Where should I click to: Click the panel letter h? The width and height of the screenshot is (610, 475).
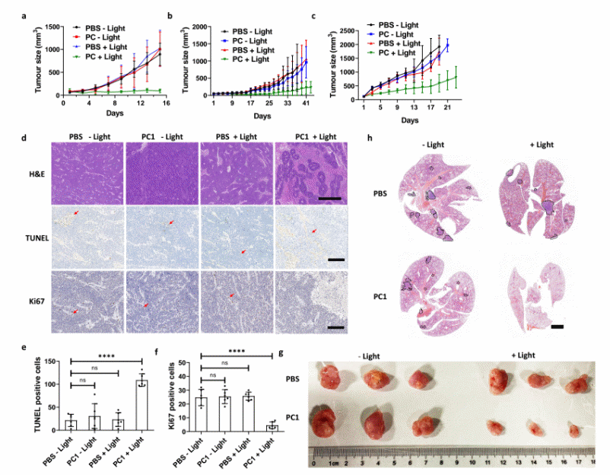368,139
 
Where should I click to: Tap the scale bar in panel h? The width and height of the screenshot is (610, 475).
557,327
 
